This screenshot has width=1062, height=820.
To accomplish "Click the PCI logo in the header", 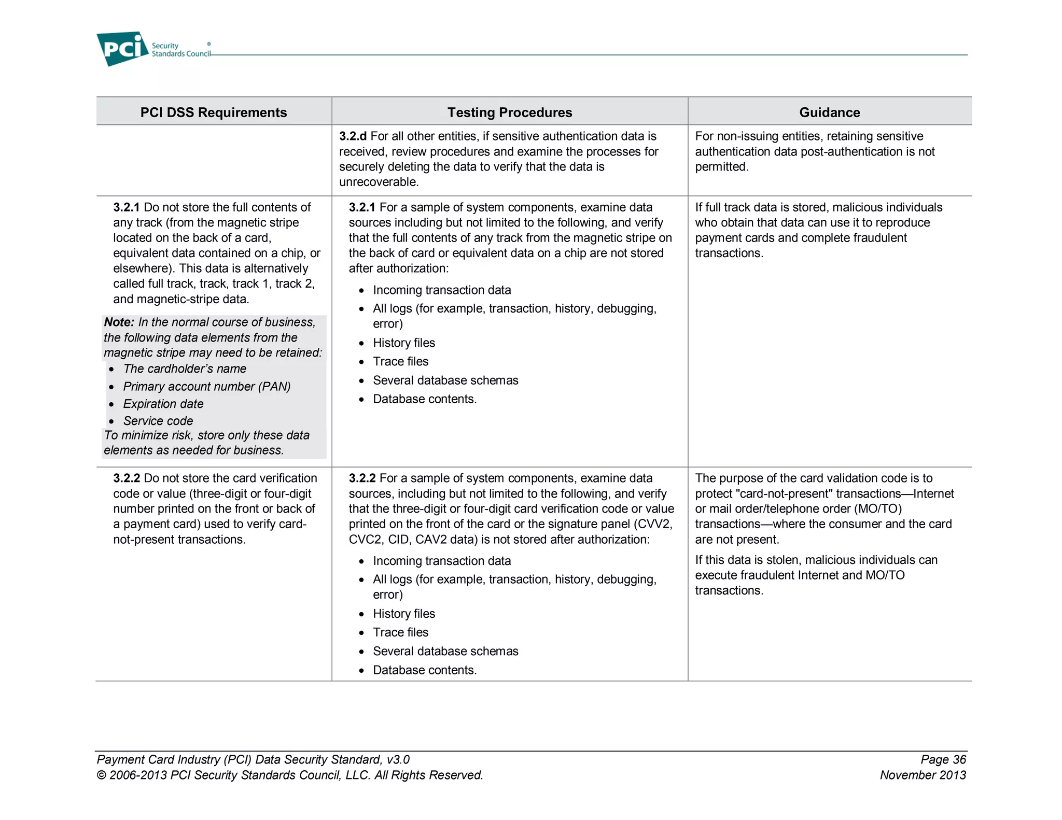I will [122, 49].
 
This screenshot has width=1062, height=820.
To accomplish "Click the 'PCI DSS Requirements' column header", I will [213, 112].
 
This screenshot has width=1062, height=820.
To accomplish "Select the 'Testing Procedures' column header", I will [510, 112].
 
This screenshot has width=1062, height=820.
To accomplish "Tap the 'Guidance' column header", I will [829, 112].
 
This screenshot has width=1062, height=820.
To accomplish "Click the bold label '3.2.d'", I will [353, 136].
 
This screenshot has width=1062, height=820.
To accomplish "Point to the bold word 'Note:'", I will [119, 322].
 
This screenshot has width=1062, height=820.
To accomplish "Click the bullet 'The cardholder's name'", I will [185, 369].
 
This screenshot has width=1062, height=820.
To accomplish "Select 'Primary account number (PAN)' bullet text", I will [206, 387].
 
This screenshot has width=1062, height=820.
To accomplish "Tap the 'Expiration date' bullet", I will [163, 404].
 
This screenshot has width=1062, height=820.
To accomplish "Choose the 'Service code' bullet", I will [158, 421].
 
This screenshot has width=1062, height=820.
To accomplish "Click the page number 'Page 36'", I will [943, 760].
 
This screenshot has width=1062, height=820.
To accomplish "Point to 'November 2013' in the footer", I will [923, 775].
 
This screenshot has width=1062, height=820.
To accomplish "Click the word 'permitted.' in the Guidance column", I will [722, 167].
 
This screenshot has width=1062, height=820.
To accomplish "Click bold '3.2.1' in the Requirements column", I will [127, 207].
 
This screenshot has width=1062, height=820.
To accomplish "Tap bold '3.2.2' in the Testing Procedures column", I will [362, 478].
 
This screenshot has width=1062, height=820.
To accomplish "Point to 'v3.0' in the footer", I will [398, 760].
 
